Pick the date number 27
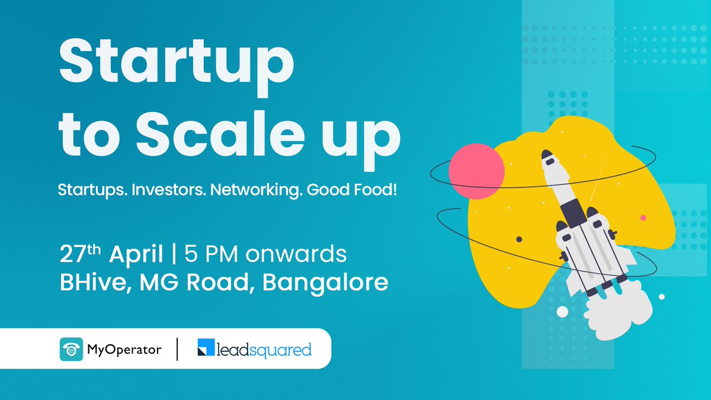72,254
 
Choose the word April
136,255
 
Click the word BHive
92,282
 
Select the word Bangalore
325,282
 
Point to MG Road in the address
197,282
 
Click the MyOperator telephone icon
72,350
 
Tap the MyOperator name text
124,350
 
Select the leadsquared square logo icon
207,350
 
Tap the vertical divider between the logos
178,350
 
